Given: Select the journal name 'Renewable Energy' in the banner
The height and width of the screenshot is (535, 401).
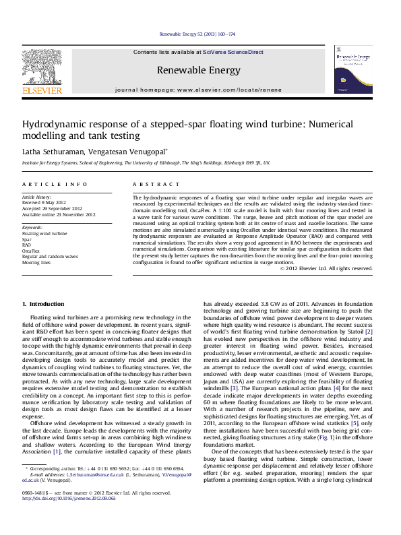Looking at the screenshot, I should pos(198,70).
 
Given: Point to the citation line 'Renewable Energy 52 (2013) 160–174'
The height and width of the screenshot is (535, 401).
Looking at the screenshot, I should pos(197,34).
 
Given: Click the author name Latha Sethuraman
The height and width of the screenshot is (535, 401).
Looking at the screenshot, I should pos(51,152).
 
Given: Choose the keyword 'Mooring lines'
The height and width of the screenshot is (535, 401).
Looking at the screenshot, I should pos(36,262).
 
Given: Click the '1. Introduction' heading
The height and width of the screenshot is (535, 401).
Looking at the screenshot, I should pos(44,304).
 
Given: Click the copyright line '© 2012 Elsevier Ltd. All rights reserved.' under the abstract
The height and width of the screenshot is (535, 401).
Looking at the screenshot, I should pos(326,269).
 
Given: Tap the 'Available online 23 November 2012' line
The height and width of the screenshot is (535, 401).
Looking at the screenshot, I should pos(59,215).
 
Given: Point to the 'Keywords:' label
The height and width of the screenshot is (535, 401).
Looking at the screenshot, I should pos(32,228).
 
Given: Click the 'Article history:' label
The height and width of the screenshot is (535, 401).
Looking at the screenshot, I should pos(37,197).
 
